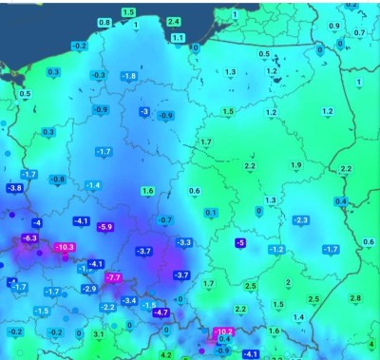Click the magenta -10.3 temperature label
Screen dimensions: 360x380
[x=65, y=247]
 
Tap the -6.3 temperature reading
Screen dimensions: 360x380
[x=29, y=237]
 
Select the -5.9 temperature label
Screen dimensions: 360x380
[x=104, y=227]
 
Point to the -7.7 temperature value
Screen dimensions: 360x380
[x=114, y=276]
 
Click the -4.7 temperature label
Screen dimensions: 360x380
[x=161, y=312]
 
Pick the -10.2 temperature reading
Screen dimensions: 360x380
[x=224, y=332]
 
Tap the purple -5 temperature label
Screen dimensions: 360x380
[x=240, y=243]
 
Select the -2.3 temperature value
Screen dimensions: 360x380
[x=301, y=220]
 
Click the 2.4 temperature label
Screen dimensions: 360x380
[x=173, y=21]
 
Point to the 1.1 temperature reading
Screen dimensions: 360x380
[x=178, y=38]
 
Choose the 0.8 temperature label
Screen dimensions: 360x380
[x=104, y=22]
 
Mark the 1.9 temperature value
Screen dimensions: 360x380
[x=295, y=165]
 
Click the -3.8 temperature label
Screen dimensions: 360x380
[x=14, y=188]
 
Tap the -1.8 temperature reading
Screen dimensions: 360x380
[x=129, y=76]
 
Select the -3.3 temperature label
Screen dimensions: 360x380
[x=184, y=242]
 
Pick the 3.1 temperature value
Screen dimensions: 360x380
[x=99, y=334]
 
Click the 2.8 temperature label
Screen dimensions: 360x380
[x=354, y=298]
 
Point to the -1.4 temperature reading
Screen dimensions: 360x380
[x=93, y=185]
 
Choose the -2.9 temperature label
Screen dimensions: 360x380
[x=89, y=288]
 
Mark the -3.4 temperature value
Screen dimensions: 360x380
[x=130, y=300]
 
